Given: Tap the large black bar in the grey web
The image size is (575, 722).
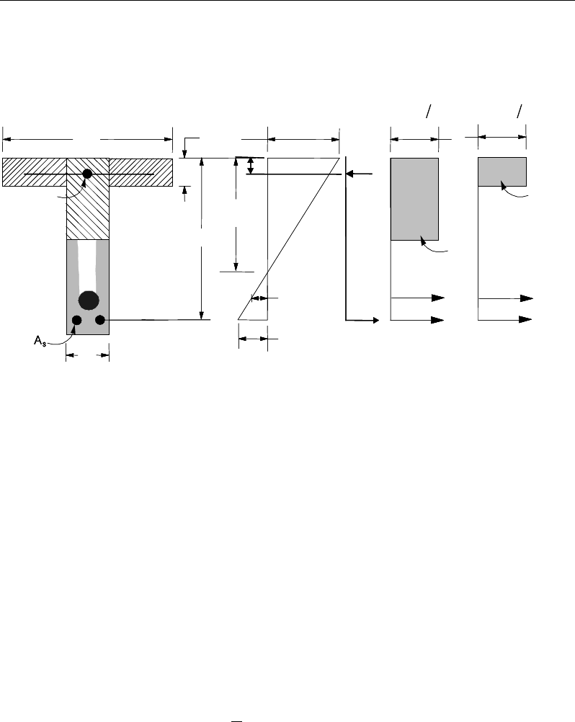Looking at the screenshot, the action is click(89, 300).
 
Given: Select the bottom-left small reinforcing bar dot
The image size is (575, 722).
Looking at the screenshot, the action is click(76, 319).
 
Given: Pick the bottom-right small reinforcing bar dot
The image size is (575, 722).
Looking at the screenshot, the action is click(100, 319).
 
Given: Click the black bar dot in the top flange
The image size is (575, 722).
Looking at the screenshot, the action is click(87, 174).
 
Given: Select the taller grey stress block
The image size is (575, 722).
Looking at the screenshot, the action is click(414, 198).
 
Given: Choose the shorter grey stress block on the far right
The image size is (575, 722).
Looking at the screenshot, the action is click(502, 171).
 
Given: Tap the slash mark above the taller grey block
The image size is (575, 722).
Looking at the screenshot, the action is click(429, 110).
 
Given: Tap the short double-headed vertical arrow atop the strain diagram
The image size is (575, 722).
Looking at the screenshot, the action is click(250, 166).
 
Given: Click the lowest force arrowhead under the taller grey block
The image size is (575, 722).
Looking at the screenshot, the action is click(437, 319).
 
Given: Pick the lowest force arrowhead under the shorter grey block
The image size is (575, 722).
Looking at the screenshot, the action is click(527, 319).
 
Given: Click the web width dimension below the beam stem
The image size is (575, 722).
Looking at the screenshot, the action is click(87, 355).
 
